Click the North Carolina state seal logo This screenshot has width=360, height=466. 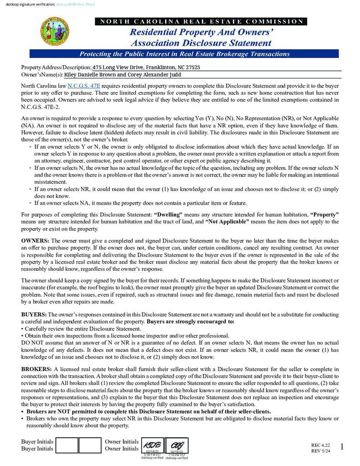(55, 32)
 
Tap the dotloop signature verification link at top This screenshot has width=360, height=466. (76, 4)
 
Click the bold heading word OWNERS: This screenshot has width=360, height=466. (35, 240)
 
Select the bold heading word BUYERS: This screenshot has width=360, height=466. (34, 314)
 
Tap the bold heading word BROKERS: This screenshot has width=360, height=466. (36, 369)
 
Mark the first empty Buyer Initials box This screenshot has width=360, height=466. (67, 445)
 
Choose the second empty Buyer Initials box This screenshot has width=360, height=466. (90, 445)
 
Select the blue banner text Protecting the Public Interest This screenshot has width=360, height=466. (184, 54)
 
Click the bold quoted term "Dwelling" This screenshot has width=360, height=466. (168, 214)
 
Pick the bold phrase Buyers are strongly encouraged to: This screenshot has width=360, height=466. (191, 321)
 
